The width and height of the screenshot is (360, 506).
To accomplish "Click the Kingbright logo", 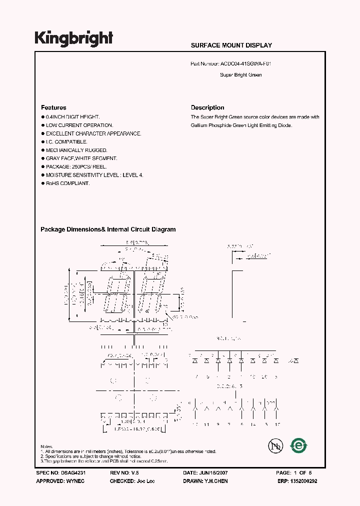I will click(x=74, y=38).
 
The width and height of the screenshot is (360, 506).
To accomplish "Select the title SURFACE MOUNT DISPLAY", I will click(x=231, y=45).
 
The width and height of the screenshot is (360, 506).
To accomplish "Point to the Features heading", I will click(x=53, y=107).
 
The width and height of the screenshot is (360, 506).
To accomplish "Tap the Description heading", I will click(x=207, y=107).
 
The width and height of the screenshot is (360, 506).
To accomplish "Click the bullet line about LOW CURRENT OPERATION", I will click(x=79, y=125).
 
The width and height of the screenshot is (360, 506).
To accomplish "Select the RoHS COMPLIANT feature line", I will click(x=67, y=183).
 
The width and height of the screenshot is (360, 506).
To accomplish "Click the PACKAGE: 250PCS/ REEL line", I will click(x=81, y=167).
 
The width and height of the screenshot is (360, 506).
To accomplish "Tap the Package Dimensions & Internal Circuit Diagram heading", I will click(x=108, y=229).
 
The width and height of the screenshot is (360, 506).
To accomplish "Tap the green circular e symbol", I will click(x=299, y=445).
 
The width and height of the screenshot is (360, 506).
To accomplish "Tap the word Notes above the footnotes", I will click(x=46, y=446).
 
